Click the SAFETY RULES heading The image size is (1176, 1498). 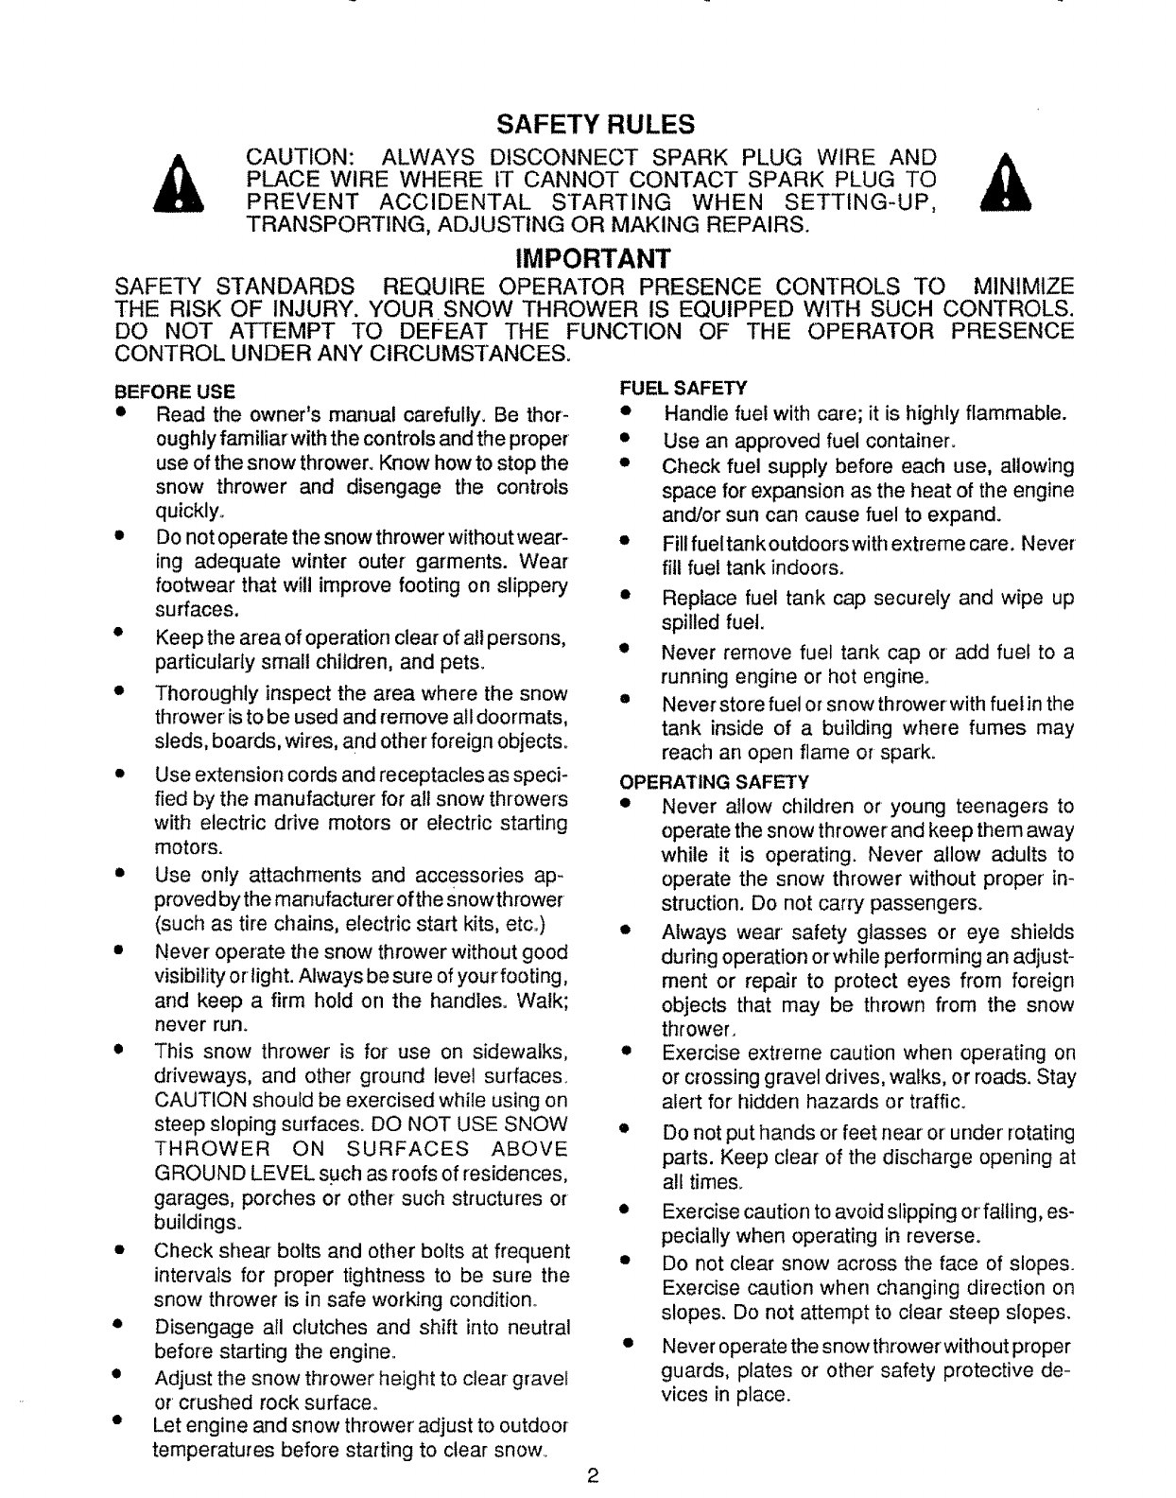[596, 125]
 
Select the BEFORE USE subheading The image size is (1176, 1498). [174, 391]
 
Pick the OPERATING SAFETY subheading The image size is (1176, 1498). [714, 782]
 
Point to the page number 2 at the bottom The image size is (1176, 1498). [592, 1476]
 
